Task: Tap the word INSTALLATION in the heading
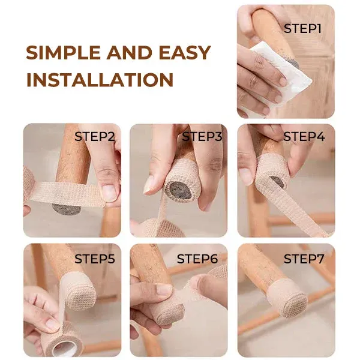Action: coord(100,79)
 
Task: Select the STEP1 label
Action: coord(303,28)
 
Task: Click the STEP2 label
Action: coord(95,136)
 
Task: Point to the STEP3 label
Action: coord(202,136)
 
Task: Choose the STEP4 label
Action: coord(304,136)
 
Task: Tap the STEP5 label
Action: coord(95,259)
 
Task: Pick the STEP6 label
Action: coord(197,259)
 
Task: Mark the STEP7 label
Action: coord(304,259)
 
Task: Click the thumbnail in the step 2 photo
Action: coord(109,192)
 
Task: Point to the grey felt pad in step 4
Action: coord(277,181)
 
